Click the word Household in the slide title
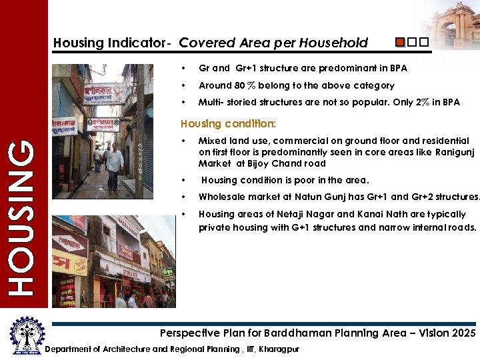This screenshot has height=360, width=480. [x=333, y=43]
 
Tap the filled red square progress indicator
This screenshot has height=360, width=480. [x=400, y=43]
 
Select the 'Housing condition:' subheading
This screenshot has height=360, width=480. [x=228, y=124]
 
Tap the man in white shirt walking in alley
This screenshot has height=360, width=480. [x=115, y=163]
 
